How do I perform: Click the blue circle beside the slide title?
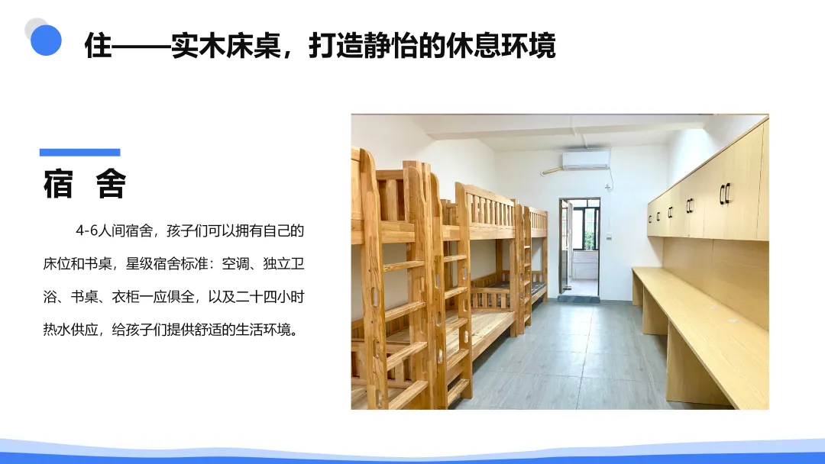coord(46,40)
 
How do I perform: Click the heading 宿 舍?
coord(85,184)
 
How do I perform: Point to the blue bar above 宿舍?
coord(79,152)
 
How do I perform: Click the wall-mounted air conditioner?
coord(586,160)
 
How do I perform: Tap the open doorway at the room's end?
coord(579,246)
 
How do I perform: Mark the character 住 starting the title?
coord(99,45)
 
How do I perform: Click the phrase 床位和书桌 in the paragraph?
coord(77,264)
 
